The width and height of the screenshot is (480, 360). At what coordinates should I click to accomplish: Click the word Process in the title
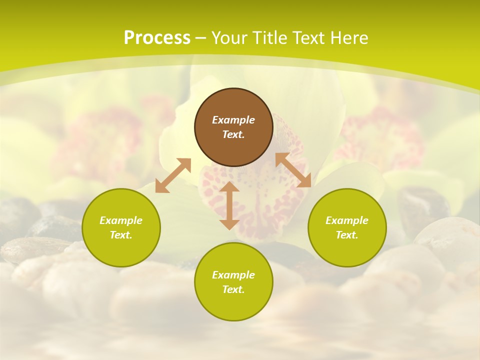point(157,37)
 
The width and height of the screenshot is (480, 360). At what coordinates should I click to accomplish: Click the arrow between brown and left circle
point(173,175)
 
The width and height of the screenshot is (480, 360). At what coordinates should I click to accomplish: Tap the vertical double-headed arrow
point(229,205)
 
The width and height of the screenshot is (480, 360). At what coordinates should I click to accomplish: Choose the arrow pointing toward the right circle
point(293,170)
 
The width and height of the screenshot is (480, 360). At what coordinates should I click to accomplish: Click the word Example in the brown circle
point(233,120)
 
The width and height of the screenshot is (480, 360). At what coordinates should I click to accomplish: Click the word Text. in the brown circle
point(233,134)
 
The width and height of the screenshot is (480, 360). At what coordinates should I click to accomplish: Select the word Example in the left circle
point(121,220)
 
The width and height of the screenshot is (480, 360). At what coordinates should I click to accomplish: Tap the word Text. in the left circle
point(121,235)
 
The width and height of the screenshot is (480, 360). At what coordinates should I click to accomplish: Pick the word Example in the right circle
point(347,220)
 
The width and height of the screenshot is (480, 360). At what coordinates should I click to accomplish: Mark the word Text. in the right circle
point(347,235)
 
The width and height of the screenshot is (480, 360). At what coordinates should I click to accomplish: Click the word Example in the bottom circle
point(233,275)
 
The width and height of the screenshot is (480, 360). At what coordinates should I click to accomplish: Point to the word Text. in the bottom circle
point(233,289)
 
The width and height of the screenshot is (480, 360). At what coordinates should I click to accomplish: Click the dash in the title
point(201,38)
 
